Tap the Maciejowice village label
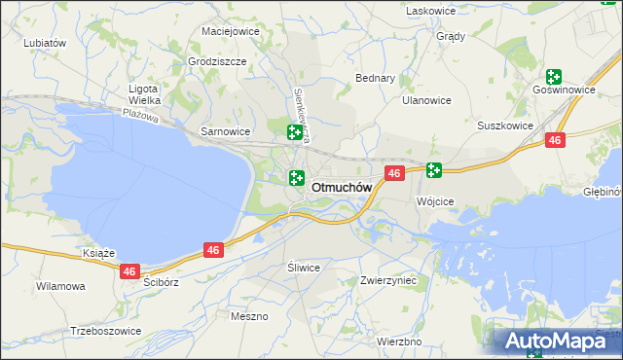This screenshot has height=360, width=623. coord(230,31)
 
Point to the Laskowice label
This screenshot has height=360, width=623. coord(431,10)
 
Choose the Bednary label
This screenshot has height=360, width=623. coord(376,78)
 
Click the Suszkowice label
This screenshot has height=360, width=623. coord(504,126)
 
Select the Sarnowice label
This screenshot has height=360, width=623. coord(225,130)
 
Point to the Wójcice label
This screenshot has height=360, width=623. coord(435,201)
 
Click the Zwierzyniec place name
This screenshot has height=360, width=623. coord(388,280)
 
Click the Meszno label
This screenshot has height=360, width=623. coord(249,316)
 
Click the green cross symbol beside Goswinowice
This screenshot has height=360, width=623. coord(554,76)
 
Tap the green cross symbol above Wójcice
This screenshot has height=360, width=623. coord(433,170)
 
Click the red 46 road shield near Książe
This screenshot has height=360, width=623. coord(130,271)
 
